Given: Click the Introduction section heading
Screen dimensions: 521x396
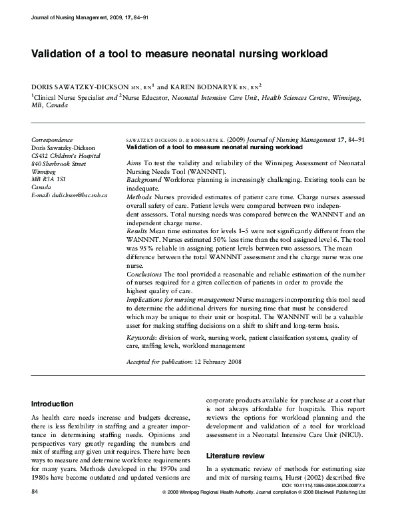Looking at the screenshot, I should pyautogui.click(x=53, y=404).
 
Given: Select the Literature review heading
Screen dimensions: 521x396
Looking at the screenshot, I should pyautogui.click(x=238, y=456).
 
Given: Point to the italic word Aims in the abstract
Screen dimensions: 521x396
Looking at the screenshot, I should pyautogui.click(x=133, y=163).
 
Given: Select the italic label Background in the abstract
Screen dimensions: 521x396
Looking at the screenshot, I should pyautogui.click(x=144, y=180).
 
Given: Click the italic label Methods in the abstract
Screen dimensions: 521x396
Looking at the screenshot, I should pyautogui.click(x=138, y=198).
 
